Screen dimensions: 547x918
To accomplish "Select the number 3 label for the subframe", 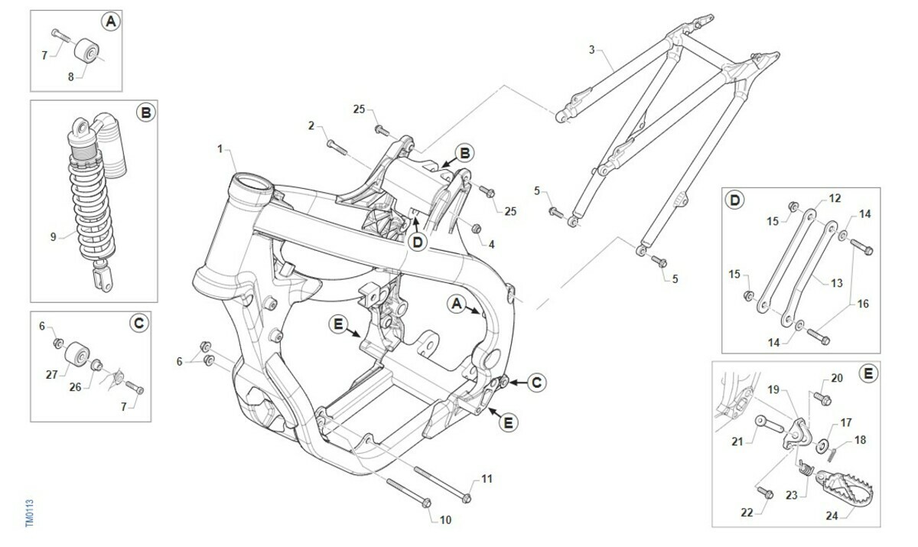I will pos(591,50).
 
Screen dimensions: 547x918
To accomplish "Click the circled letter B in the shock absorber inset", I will pos(145,113).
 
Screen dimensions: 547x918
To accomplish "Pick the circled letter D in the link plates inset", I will pos(734,200).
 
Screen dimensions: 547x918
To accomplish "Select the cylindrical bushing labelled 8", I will pos(88,53).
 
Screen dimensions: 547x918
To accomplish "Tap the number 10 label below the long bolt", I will pos(445,520).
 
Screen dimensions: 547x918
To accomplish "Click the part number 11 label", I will pos(487,479).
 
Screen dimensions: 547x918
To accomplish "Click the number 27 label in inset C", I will pos(53,374).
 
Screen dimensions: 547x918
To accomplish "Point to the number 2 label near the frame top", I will pos(311,125).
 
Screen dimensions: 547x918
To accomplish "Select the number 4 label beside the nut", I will pos(491,245).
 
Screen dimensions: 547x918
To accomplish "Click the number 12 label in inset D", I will pos(835,198).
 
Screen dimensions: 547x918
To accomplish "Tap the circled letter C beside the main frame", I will pos(536,382).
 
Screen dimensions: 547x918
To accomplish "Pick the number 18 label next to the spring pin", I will pos(860,439).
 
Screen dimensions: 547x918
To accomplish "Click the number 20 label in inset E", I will pos(836,378).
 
